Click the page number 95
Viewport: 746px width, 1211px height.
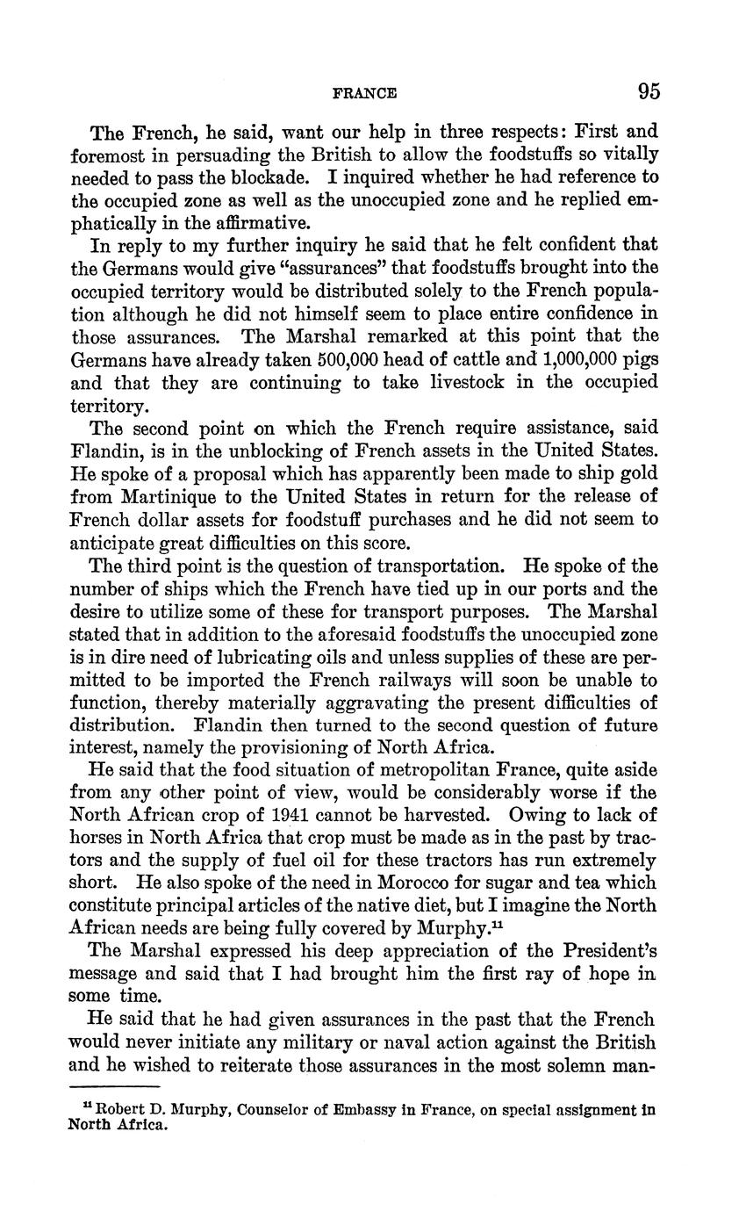(x=649, y=91)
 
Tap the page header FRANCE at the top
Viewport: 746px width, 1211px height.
(x=365, y=93)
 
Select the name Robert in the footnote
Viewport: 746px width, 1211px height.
(x=104, y=1110)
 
